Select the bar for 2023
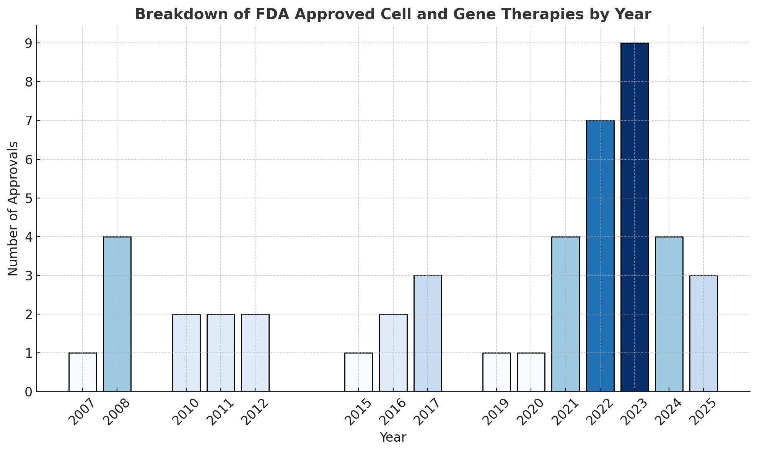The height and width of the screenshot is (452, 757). [x=635, y=217]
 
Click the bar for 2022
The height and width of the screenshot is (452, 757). [x=600, y=256]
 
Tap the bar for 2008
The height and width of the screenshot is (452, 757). [x=117, y=314]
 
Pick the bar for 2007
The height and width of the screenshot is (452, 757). [x=83, y=372]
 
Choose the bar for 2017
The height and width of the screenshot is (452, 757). [x=428, y=333]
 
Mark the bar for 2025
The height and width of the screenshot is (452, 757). [x=703, y=333]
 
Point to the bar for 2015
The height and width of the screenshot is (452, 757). [x=358, y=372]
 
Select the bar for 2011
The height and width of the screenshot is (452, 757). [x=221, y=353]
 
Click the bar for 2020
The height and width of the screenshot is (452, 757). [x=531, y=372]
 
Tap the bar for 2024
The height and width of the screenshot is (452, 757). [x=669, y=314]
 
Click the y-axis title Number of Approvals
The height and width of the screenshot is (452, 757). [x=13, y=208]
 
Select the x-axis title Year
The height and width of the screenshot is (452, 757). [x=393, y=437]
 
